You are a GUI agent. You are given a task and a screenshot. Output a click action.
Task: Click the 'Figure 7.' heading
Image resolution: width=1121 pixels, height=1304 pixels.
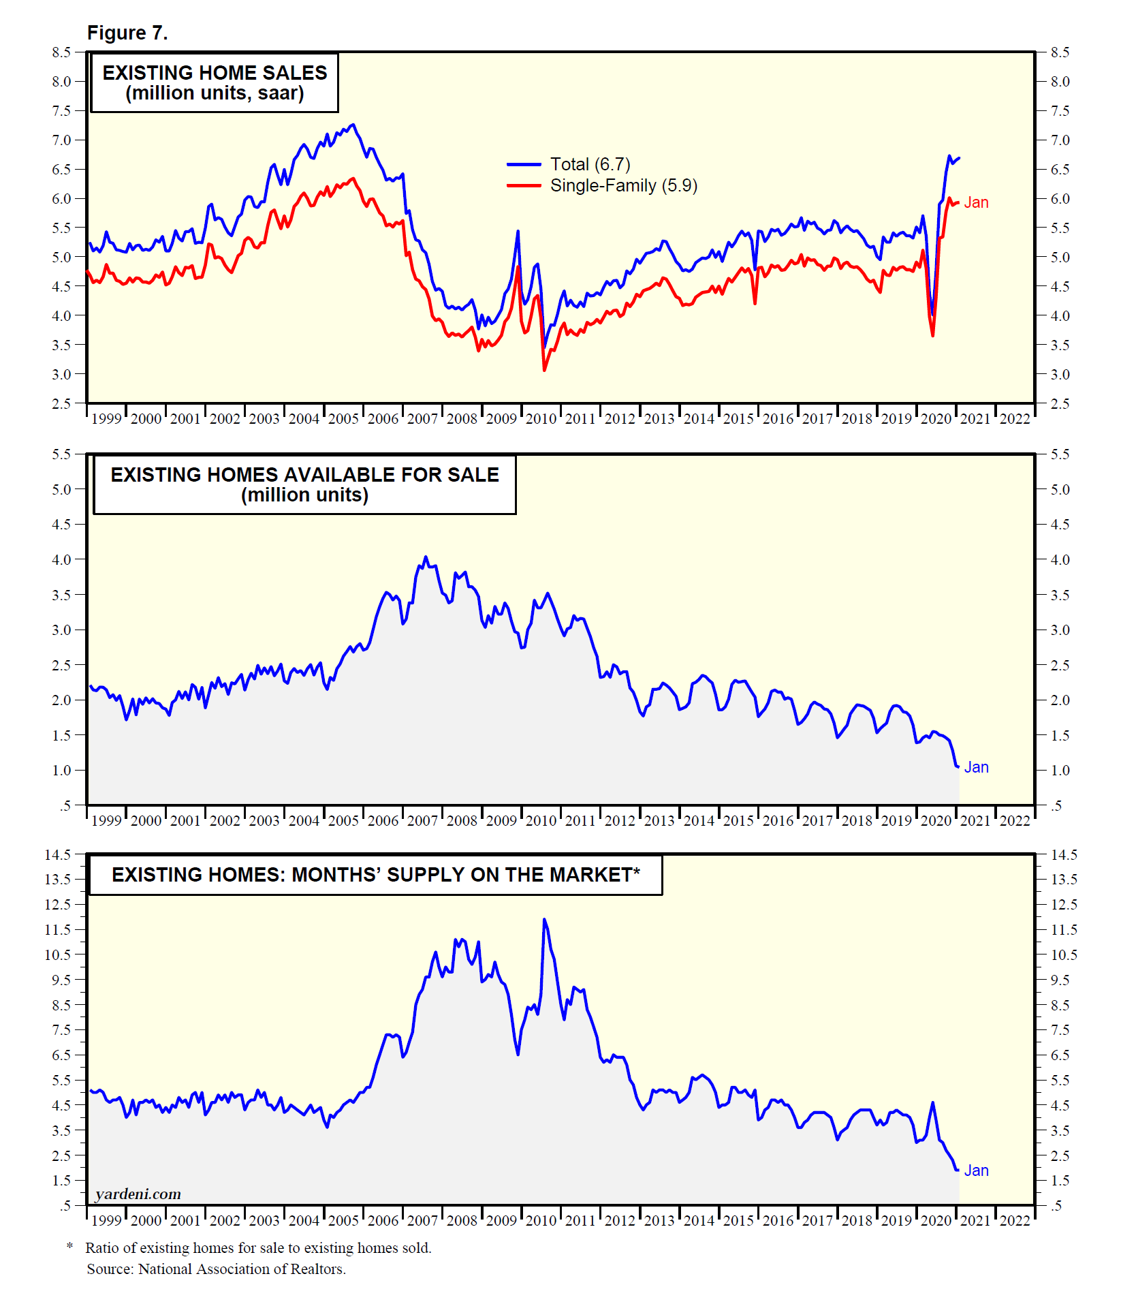[127, 33]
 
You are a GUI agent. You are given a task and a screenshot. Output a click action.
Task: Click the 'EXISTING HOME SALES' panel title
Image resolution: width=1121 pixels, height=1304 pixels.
[215, 73]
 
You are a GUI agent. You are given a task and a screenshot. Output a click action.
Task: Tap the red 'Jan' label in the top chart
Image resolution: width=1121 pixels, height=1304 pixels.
[976, 202]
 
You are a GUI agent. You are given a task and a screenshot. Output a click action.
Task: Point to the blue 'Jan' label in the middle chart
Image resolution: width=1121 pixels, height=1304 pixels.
[976, 767]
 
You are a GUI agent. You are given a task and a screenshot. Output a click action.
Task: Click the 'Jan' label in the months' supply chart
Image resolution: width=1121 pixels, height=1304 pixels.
[976, 1170]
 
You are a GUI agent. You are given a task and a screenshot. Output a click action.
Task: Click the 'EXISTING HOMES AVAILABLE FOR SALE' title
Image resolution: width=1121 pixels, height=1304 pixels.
[304, 475]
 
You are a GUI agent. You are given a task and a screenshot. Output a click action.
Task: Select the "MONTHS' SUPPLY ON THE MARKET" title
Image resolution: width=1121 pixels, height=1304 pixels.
[376, 875]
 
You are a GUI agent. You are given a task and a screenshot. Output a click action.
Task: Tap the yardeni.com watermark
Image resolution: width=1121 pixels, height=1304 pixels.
[138, 1194]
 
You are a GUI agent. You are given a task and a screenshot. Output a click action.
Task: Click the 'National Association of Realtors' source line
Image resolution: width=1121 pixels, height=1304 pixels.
[216, 1269]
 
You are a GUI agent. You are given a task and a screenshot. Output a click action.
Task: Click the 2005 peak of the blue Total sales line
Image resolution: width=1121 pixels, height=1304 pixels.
[352, 125]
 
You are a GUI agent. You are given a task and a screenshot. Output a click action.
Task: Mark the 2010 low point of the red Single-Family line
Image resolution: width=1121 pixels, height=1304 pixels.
[544, 370]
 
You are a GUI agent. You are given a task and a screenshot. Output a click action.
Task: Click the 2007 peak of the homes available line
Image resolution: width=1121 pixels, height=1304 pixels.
[426, 557]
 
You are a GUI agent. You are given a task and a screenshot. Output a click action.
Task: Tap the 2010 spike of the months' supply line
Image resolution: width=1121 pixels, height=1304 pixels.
[544, 919]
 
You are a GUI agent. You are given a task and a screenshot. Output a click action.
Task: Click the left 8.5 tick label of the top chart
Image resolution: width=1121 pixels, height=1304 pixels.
[61, 52]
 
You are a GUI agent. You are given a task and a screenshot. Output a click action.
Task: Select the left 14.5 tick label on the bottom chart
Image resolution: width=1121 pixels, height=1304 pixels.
[58, 854]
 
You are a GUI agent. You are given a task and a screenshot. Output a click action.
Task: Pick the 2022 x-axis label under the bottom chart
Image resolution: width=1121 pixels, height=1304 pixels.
[1015, 1220]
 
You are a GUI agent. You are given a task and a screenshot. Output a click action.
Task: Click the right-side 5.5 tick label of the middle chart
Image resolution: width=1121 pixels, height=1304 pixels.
[1060, 454]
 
